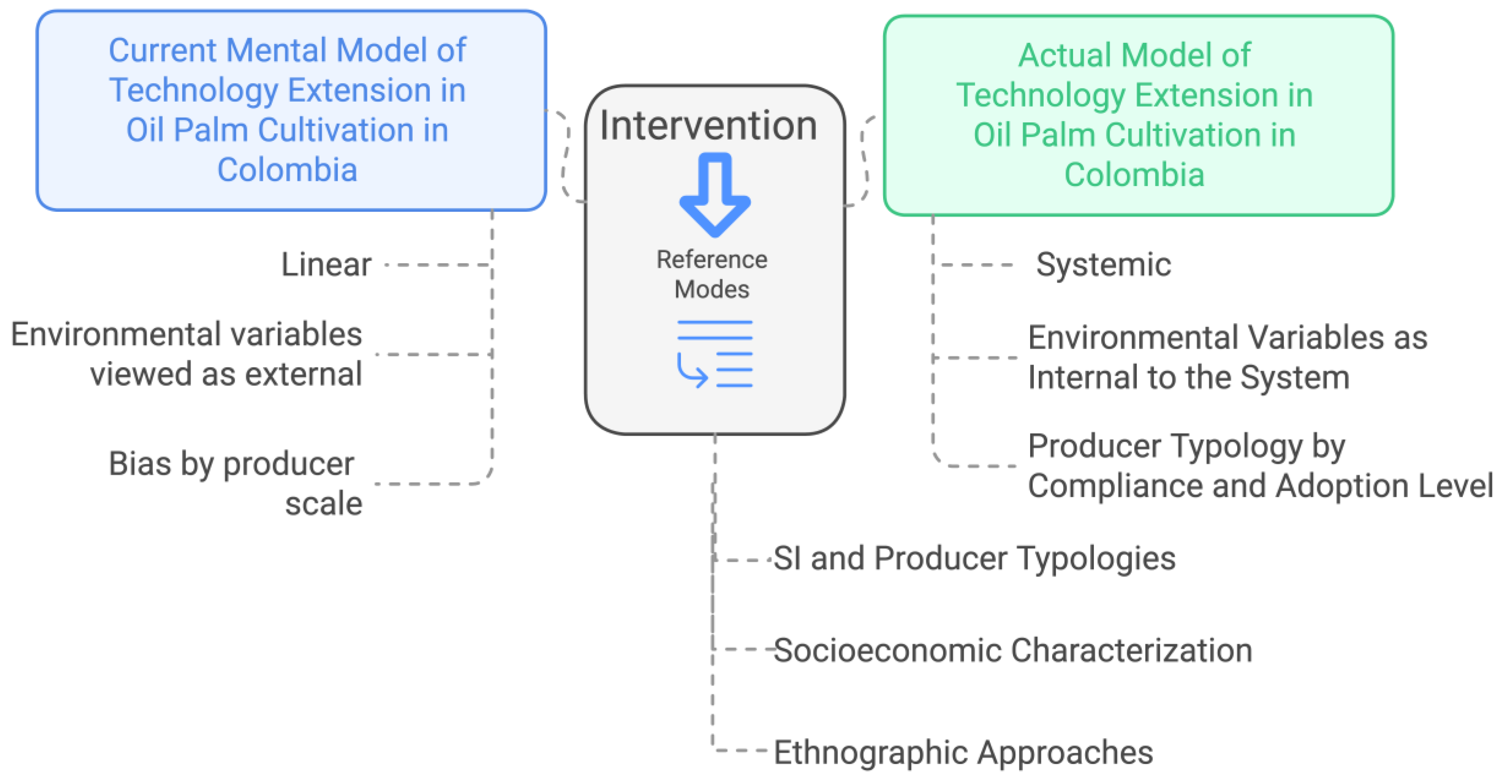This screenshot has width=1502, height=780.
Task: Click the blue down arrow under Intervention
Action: tap(714, 195)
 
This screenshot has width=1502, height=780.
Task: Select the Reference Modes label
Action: tap(711, 274)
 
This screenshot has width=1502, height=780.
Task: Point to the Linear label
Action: tap(326, 265)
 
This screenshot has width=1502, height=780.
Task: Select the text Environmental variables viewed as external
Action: tap(187, 354)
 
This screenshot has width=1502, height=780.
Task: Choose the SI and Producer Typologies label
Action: tap(974, 558)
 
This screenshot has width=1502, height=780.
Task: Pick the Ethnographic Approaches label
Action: tap(963, 752)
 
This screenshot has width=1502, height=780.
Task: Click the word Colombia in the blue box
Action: tap(287, 170)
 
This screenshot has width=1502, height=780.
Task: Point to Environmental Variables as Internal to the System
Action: tap(1227, 357)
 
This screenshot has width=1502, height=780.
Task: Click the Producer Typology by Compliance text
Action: tap(1260, 466)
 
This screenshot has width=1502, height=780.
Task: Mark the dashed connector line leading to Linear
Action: tap(437, 265)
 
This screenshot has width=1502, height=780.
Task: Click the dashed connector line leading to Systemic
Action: tap(977, 265)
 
